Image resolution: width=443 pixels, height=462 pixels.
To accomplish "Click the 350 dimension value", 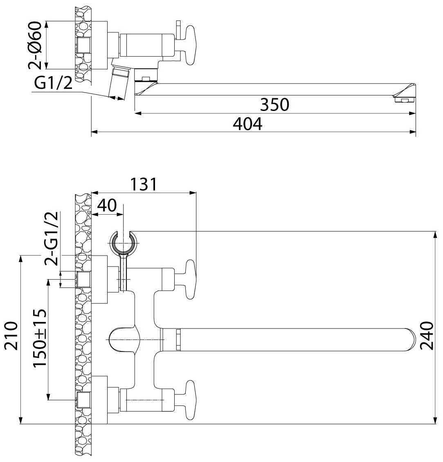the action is coord(274,104).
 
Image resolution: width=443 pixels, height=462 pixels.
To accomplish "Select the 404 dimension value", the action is coord(247,124).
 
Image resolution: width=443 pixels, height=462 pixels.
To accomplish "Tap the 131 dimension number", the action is coord(144,184).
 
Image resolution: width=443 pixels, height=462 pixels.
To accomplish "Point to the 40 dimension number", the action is coord(107,205).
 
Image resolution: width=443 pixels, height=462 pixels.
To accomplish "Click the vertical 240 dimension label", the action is coord(427,335).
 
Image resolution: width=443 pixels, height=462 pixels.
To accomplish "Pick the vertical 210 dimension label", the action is coord(11,335).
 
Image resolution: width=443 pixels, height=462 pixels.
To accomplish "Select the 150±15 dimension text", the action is coord(40,338).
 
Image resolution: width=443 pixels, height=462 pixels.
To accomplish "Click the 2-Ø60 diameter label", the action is coord(35,45).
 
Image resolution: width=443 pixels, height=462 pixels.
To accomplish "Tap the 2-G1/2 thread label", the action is coord(52,239).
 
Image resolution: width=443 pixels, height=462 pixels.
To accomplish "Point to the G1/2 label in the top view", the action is coord(53,83).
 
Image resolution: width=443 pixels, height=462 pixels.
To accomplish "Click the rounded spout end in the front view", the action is coord(409,340).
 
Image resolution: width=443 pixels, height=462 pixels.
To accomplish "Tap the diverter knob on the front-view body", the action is coord(124,339).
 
